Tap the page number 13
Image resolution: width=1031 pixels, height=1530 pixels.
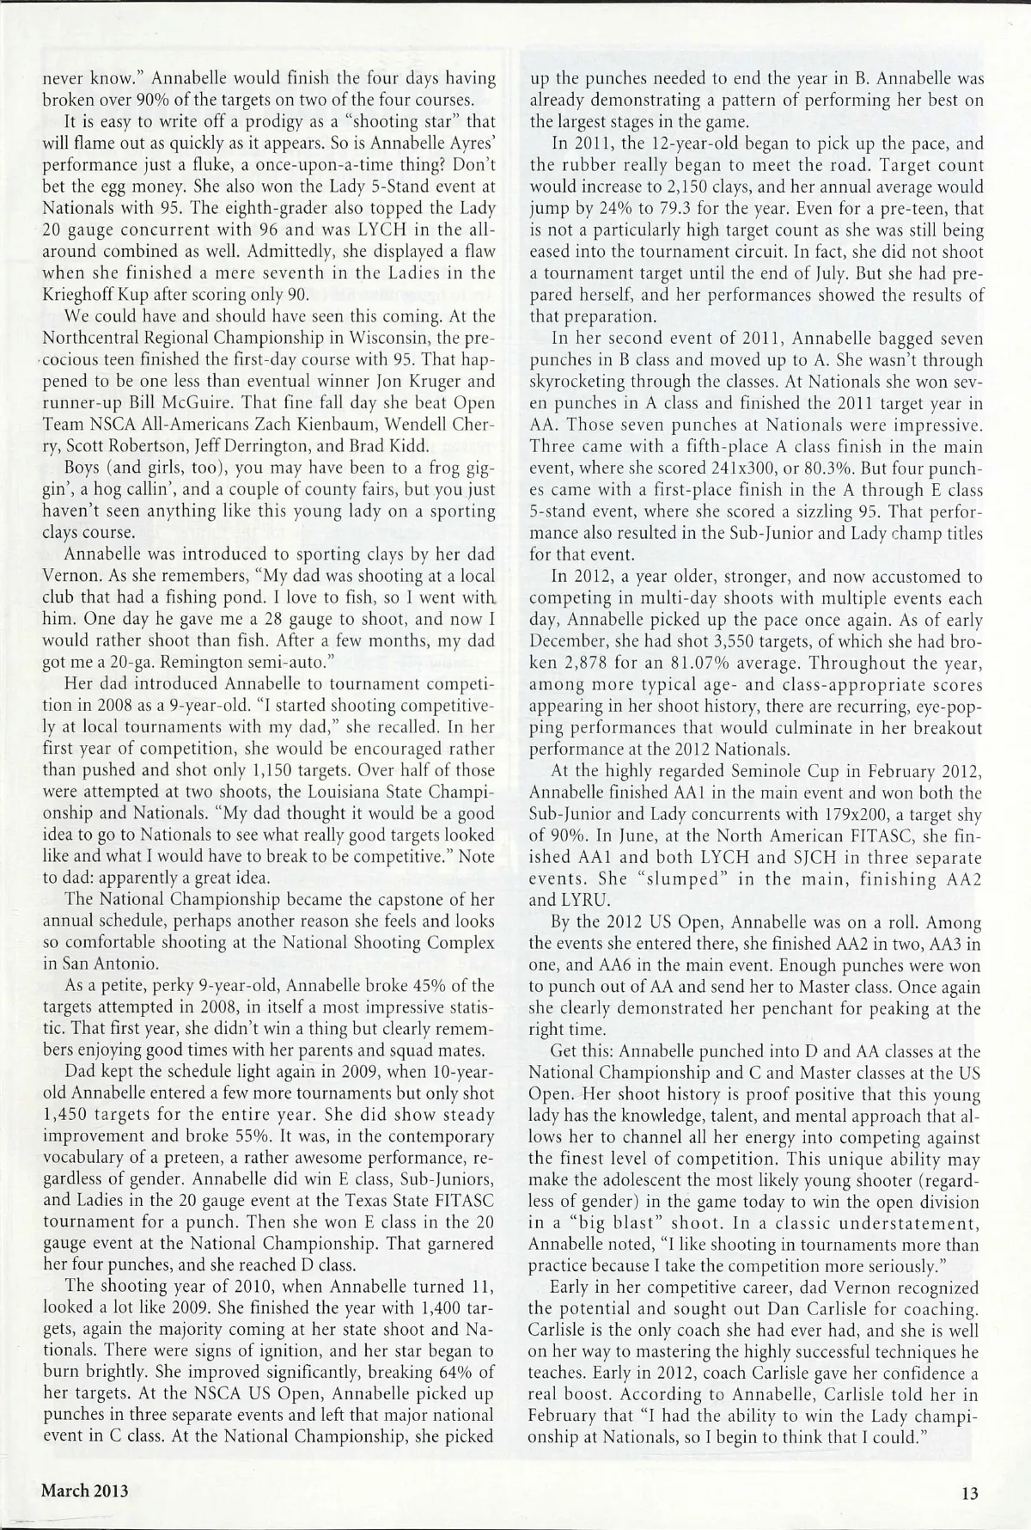971,1493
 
